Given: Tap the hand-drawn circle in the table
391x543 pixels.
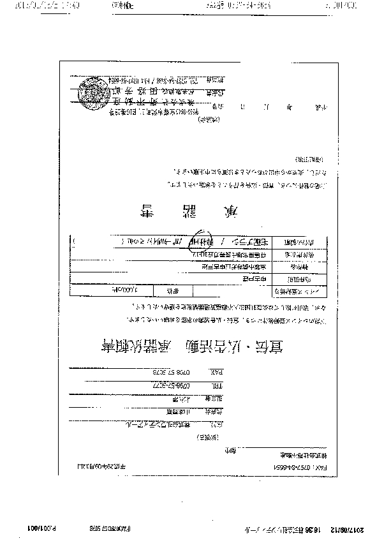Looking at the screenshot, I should click(x=203, y=242).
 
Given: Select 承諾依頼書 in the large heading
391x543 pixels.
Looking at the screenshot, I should click(x=135, y=349).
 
